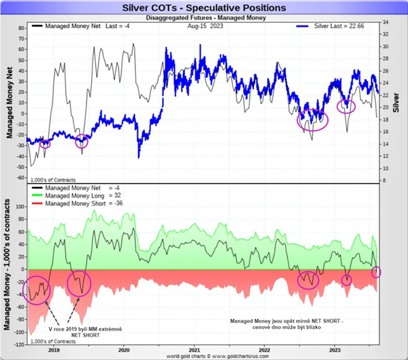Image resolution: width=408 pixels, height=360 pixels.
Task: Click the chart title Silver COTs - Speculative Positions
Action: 203,8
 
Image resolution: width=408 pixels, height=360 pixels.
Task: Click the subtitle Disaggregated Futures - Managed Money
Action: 203,18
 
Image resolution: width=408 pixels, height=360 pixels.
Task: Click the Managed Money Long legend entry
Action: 84,196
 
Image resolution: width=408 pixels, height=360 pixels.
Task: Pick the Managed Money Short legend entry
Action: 85,203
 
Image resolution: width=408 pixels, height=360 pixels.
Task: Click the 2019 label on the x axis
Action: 53,350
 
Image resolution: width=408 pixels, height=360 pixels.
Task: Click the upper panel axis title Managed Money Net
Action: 9,102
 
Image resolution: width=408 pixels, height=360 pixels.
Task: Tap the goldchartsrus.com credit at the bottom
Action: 203,356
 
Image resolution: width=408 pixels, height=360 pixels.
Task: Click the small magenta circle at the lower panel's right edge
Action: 375,272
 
